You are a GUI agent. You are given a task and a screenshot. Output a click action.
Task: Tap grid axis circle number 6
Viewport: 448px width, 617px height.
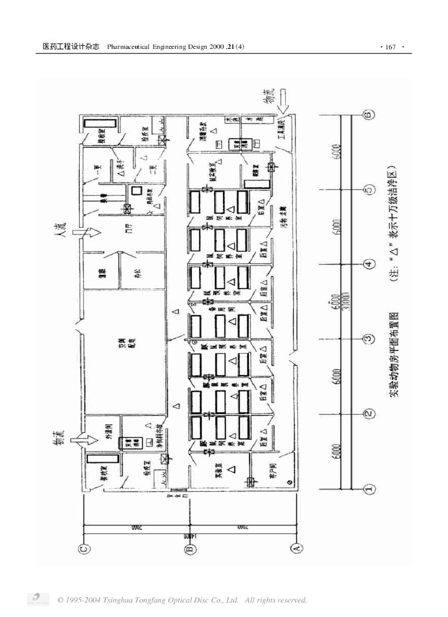point(369,114)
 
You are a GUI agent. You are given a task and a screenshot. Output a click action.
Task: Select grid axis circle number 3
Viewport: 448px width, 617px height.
point(369,339)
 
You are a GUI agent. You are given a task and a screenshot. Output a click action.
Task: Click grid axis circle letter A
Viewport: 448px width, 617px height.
point(296,548)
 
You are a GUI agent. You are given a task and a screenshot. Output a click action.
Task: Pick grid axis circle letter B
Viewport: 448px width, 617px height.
point(189,548)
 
